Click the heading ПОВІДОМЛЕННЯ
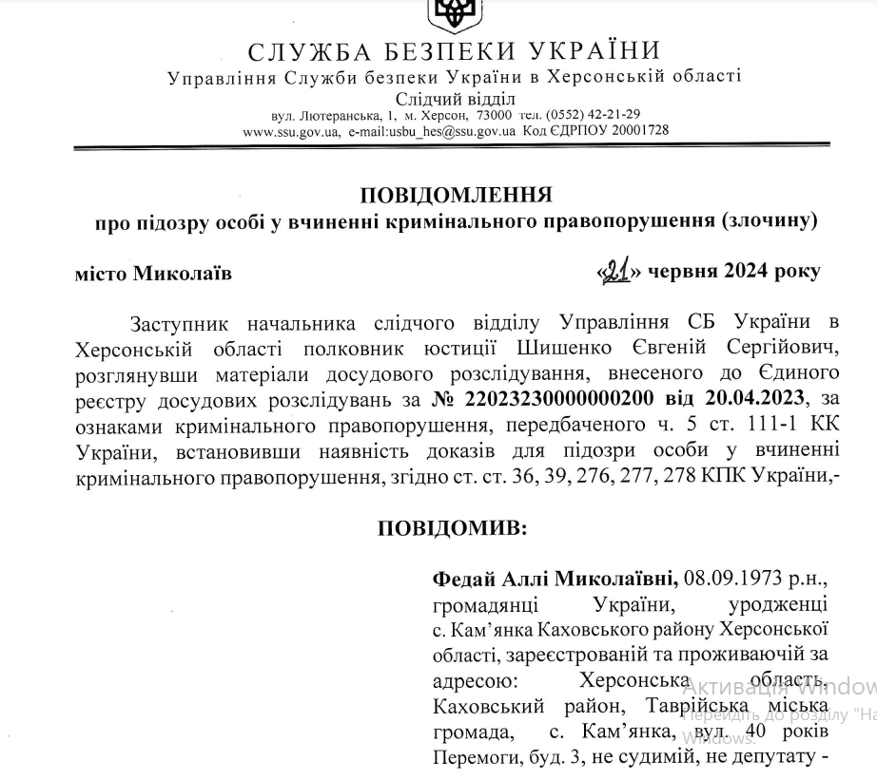coord(457,195)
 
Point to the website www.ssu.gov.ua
coord(291,130)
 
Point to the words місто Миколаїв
coord(152,274)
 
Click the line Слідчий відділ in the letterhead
coord(456,98)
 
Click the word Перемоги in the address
coord(473,759)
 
